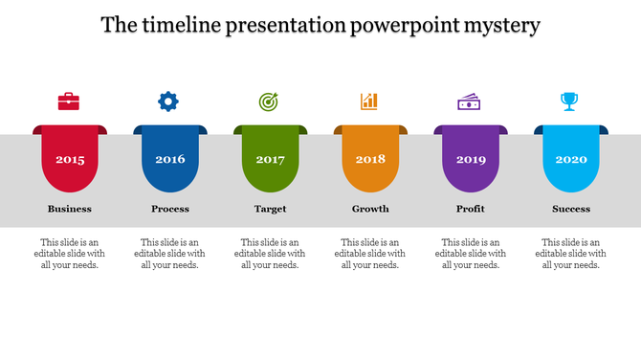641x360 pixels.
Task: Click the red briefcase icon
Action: (x=69, y=101)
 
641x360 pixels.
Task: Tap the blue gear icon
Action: (x=168, y=101)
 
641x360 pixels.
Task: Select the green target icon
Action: (x=269, y=101)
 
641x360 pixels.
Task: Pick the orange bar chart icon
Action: (x=369, y=101)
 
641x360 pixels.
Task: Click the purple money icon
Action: (x=470, y=101)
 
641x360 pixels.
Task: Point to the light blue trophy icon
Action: (x=570, y=101)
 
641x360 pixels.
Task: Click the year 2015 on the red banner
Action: (x=70, y=160)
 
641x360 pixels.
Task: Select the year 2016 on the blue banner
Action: (x=170, y=160)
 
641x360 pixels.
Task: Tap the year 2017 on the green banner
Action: (x=271, y=160)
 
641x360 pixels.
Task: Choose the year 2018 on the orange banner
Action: (x=370, y=160)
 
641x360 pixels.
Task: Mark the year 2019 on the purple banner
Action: (x=471, y=160)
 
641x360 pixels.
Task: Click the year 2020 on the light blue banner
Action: (x=571, y=160)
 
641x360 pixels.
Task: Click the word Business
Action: (x=70, y=209)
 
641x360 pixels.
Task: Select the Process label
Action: (x=170, y=209)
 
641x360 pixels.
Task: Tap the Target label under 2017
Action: (x=271, y=209)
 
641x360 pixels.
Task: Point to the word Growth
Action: (x=370, y=209)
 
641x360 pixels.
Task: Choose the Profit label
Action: (x=471, y=209)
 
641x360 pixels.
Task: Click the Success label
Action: (x=571, y=209)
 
